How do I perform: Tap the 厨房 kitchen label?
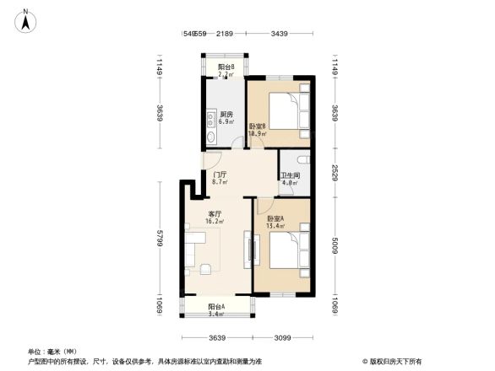pos(226,115)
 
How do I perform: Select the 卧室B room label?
pos(258,126)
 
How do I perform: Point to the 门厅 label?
pos(219,175)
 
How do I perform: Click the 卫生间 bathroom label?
pos(290,175)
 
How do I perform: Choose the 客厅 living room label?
pos(215,214)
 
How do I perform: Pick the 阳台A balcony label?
pos(217,307)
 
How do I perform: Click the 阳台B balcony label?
pos(226,67)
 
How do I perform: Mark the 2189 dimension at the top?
pos(224,34)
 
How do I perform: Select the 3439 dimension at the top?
pos(280,34)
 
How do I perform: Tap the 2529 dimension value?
pos(335,172)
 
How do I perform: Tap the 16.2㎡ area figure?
pos(215,222)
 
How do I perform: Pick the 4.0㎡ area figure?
pos(290,183)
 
